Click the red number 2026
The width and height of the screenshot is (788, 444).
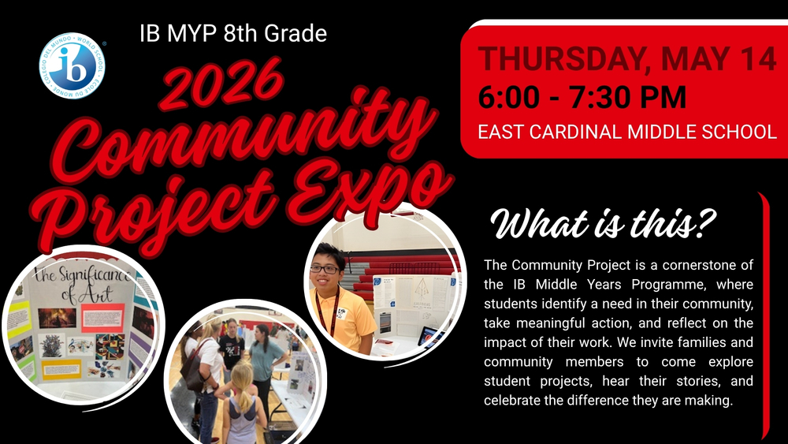click(x=223, y=84)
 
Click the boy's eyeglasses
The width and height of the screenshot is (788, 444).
click(x=324, y=269)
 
